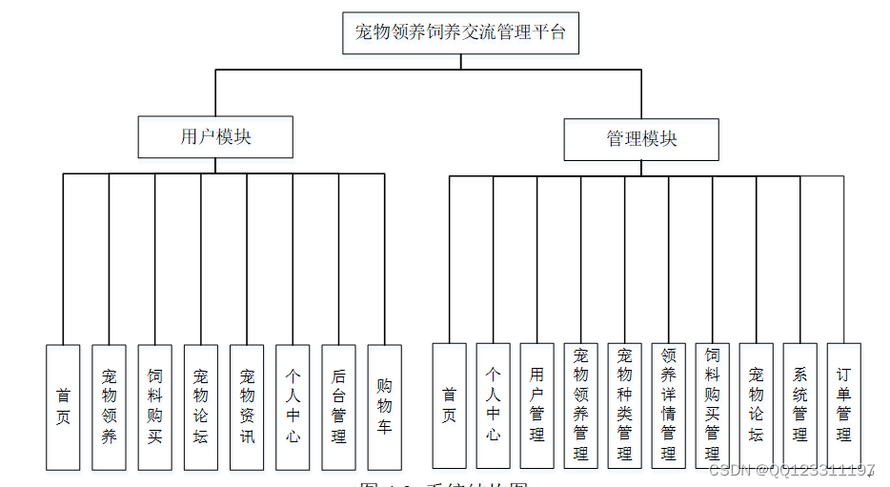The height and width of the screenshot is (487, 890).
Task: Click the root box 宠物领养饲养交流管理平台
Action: pyautogui.click(x=460, y=32)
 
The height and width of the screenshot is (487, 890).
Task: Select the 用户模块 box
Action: pyautogui.click(x=215, y=137)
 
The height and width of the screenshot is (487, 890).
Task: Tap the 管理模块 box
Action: pyautogui.click(x=641, y=139)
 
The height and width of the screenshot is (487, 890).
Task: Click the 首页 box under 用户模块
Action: pyautogui.click(x=63, y=407)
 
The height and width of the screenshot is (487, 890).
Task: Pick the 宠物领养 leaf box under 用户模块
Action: pyautogui.click(x=109, y=407)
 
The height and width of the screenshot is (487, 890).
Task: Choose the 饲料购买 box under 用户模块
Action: pyautogui.click(x=154, y=407)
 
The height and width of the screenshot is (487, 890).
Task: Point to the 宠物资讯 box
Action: pyautogui.click(x=247, y=407)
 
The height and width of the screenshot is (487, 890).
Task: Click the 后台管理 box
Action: pyautogui.click(x=338, y=407)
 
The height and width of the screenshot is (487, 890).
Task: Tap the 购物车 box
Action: pyautogui.click(x=384, y=407)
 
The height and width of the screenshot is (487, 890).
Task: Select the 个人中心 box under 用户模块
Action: pyautogui.click(x=293, y=407)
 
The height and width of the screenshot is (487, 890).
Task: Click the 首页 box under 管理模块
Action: pyautogui.click(x=449, y=405)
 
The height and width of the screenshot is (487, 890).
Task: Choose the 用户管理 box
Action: pyautogui.click(x=537, y=405)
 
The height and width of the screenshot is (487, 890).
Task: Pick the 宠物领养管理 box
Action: pyautogui.click(x=581, y=405)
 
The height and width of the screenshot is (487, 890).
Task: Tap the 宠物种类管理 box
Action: pyautogui.click(x=625, y=405)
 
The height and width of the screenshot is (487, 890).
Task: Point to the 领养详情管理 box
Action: pyautogui.click(x=669, y=405)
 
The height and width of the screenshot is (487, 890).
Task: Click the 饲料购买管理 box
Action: pyautogui.click(x=713, y=405)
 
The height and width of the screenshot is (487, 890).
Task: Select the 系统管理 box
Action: pyautogui.click(x=799, y=405)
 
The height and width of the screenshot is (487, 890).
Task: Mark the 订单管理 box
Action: pyautogui.click(x=843, y=405)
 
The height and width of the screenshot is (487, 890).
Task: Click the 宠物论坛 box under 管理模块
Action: pyautogui.click(x=757, y=405)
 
